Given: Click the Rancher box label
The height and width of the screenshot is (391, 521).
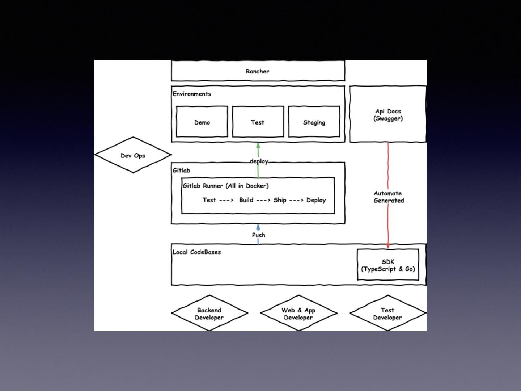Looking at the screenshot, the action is click(x=257, y=71).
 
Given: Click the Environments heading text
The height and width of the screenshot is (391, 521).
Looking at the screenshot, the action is click(x=192, y=94).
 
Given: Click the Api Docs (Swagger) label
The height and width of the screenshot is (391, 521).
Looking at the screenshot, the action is click(x=388, y=115).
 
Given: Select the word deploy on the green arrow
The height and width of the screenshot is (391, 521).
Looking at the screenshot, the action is click(x=259, y=161).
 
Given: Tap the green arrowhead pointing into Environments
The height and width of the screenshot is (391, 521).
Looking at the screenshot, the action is click(x=258, y=145).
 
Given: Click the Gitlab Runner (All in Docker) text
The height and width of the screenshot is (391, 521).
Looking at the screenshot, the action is click(x=225, y=186).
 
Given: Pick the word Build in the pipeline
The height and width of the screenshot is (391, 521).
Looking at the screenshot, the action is click(x=246, y=200).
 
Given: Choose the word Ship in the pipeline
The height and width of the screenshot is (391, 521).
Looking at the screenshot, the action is click(x=280, y=200).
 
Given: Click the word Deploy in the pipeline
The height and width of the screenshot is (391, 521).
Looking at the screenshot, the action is click(x=316, y=200).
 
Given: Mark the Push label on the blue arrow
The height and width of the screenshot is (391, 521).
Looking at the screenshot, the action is click(x=258, y=235).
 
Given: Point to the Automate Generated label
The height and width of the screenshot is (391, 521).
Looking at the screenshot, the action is click(x=389, y=197).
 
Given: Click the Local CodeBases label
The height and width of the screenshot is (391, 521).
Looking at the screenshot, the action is click(x=196, y=252).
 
